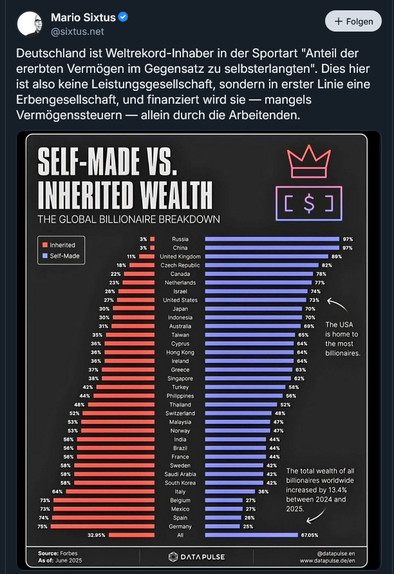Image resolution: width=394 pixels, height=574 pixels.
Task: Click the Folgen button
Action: coord(353,21)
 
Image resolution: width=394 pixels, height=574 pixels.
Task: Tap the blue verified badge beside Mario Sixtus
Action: coord(123,17)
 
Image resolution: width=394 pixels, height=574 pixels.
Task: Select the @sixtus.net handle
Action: coord(77,31)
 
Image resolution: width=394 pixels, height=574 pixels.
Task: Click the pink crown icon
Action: coord(305,161)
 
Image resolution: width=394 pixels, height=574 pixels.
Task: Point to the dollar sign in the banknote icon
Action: coord(309,203)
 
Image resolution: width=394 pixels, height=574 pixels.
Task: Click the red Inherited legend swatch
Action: coord(45,245)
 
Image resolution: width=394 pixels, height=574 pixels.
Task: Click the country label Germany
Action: coord(180,526)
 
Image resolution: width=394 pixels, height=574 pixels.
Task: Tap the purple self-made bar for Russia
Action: coord(272,239)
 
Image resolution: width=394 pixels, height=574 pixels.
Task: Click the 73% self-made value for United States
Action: coord(314,300)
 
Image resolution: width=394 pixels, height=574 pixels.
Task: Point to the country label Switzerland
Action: coord(180,413)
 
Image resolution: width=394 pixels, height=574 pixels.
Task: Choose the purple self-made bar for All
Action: coord(252,535)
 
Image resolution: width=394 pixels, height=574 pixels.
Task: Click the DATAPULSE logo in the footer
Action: coord(196,556)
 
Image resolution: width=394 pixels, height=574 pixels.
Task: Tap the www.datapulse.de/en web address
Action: coord(328,560)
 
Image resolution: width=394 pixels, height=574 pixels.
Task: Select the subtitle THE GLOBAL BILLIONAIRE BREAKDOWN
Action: coord(129,219)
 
